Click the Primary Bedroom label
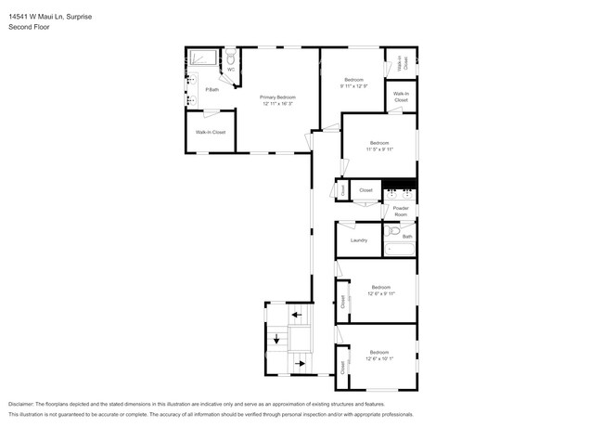(277, 97)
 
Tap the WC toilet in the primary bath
(231, 59)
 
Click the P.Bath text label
(212, 89)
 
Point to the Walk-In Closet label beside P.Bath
(211, 132)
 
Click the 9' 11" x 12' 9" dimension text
(354, 86)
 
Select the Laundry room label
(359, 239)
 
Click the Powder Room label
(401, 211)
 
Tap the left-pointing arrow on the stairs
(297, 316)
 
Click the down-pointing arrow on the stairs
(276, 339)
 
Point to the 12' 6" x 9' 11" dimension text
(380, 292)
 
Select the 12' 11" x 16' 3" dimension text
(277, 103)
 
